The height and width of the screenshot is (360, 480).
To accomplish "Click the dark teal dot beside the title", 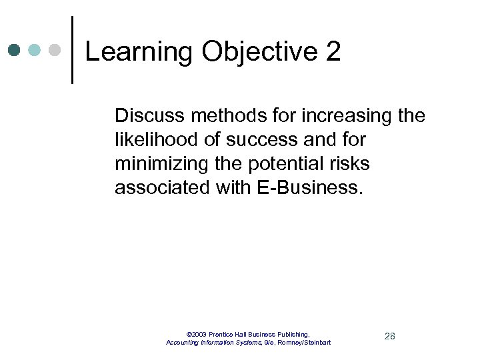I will (15, 50).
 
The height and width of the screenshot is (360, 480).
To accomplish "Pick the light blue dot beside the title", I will (35, 50).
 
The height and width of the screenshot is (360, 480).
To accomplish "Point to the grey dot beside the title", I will (55, 50).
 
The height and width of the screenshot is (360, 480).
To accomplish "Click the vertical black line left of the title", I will (72, 50).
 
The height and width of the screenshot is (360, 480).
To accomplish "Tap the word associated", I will (162, 188).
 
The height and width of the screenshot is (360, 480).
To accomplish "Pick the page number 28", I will (390, 336).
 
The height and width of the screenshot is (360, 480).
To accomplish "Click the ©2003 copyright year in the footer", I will (197, 334).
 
